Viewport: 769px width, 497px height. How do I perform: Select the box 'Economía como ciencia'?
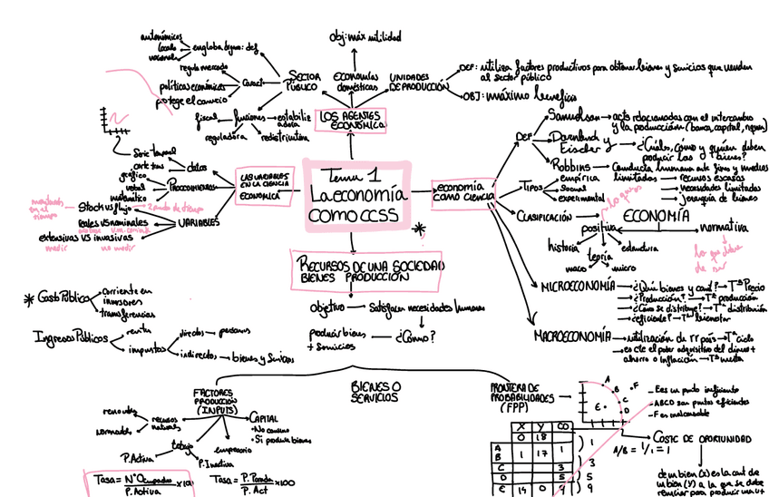click(x=462, y=190)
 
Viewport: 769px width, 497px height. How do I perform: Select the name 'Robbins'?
click(x=570, y=167)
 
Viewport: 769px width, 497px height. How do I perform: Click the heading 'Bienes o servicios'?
click(x=376, y=392)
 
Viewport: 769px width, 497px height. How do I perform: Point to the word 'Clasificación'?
click(x=544, y=217)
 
